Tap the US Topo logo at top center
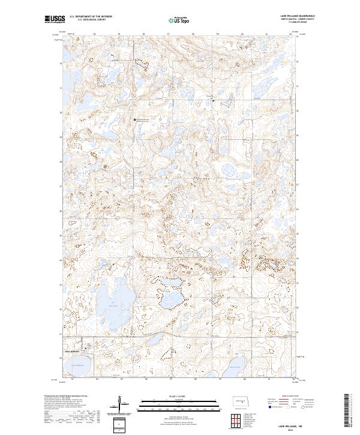click(173, 20)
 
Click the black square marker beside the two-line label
click(135, 120)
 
